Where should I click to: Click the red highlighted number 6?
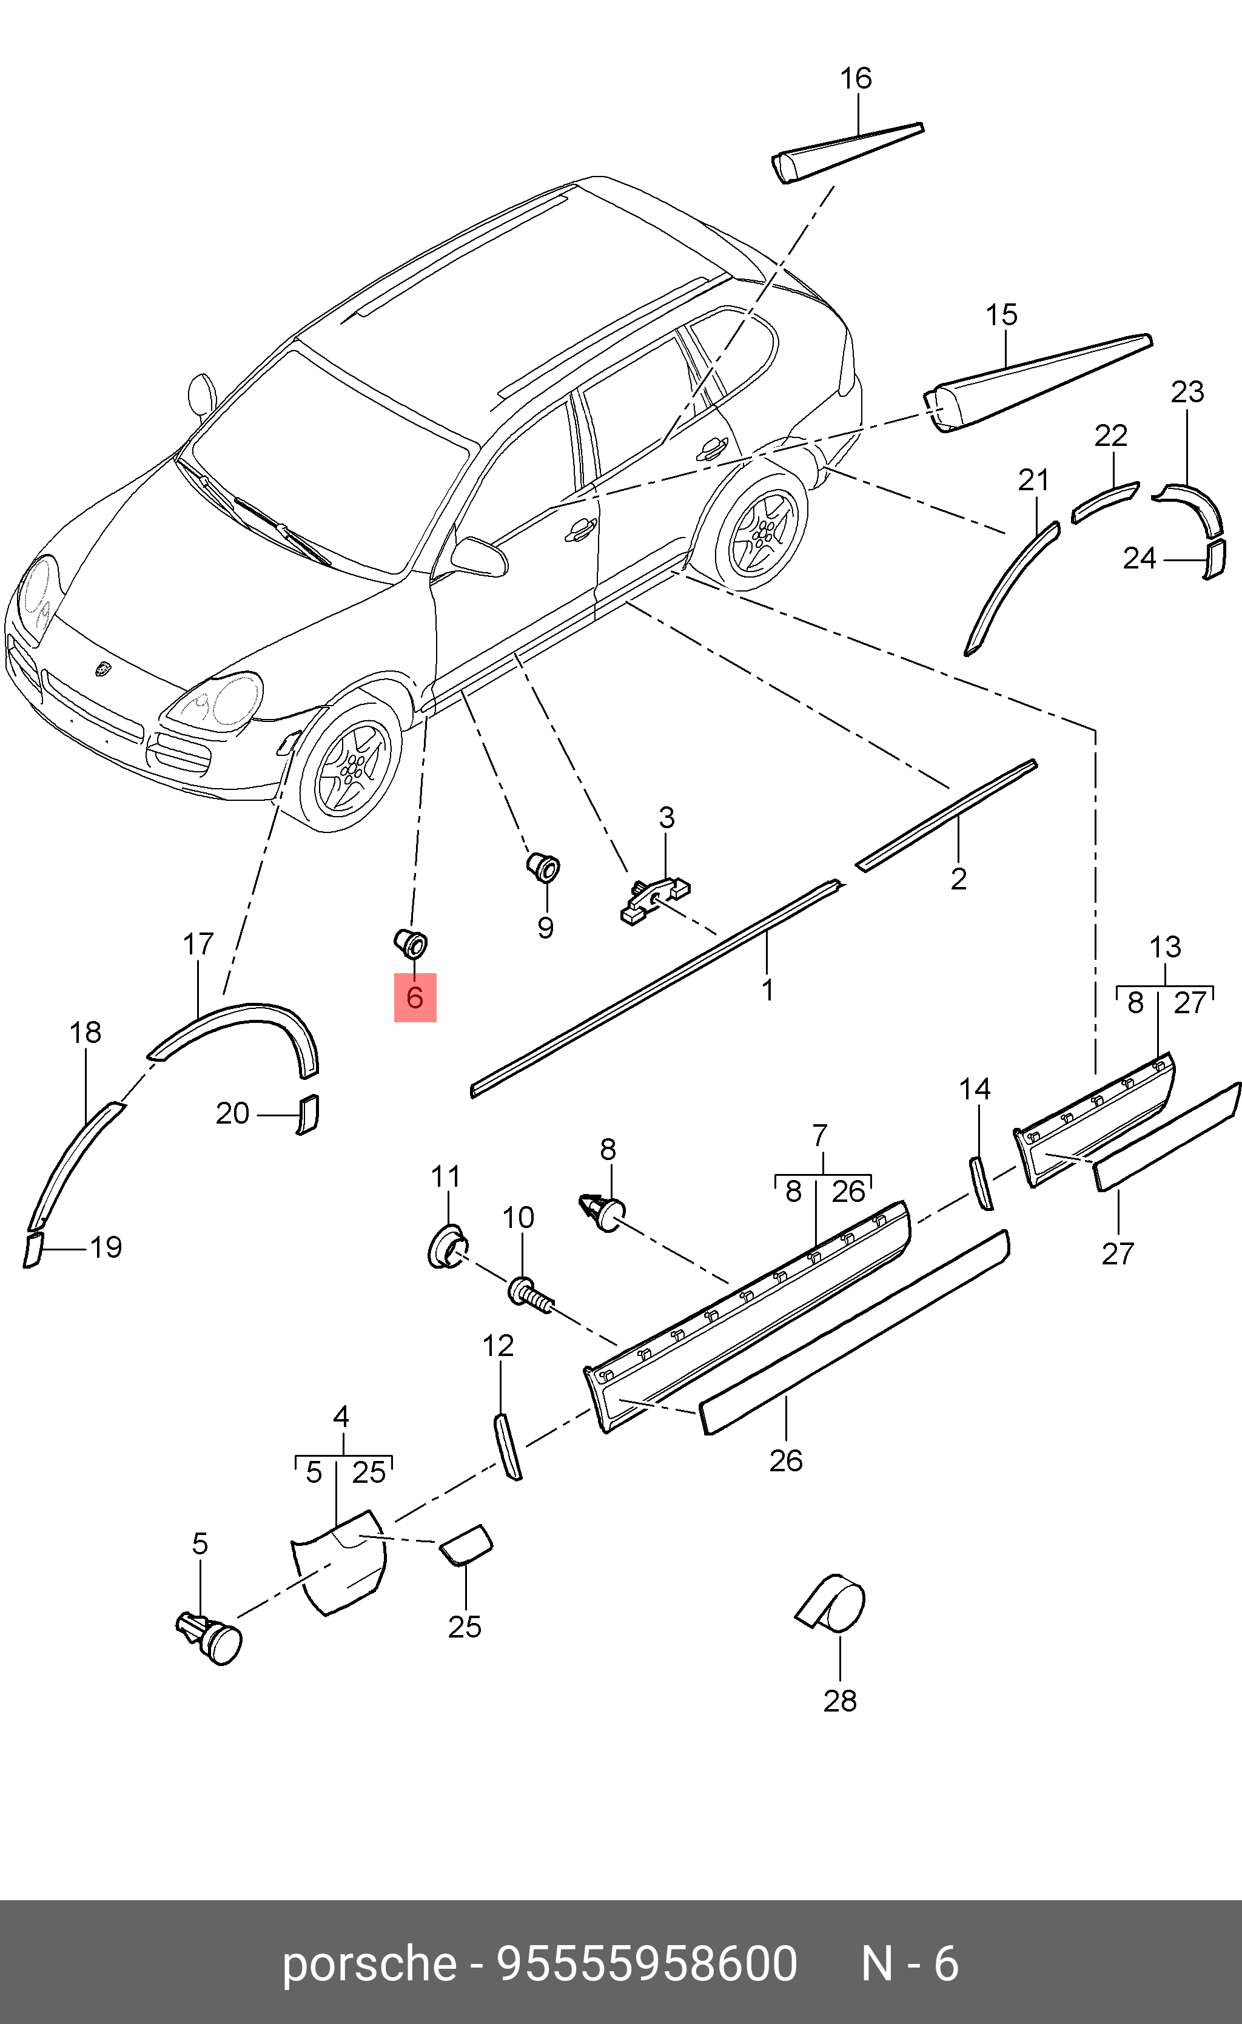(415, 997)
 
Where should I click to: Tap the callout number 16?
(855, 79)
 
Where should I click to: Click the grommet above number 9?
(542, 866)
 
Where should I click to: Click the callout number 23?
(1187, 392)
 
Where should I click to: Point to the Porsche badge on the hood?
(104, 669)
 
